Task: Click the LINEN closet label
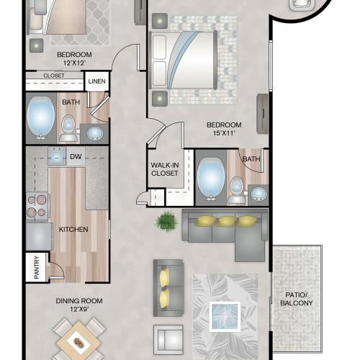96,81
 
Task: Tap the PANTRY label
37,267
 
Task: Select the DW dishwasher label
76,157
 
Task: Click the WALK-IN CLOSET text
165,169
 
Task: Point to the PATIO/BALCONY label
297,299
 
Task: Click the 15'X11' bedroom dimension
224,133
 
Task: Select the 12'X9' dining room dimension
79,309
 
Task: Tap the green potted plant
167,221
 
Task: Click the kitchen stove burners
37,206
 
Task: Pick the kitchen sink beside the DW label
57,156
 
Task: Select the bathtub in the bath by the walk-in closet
211,179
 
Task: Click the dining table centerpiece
78,342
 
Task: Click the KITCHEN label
73,230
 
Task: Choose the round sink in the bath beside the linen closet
95,133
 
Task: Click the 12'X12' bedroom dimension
74,63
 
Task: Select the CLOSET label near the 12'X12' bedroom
54,76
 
